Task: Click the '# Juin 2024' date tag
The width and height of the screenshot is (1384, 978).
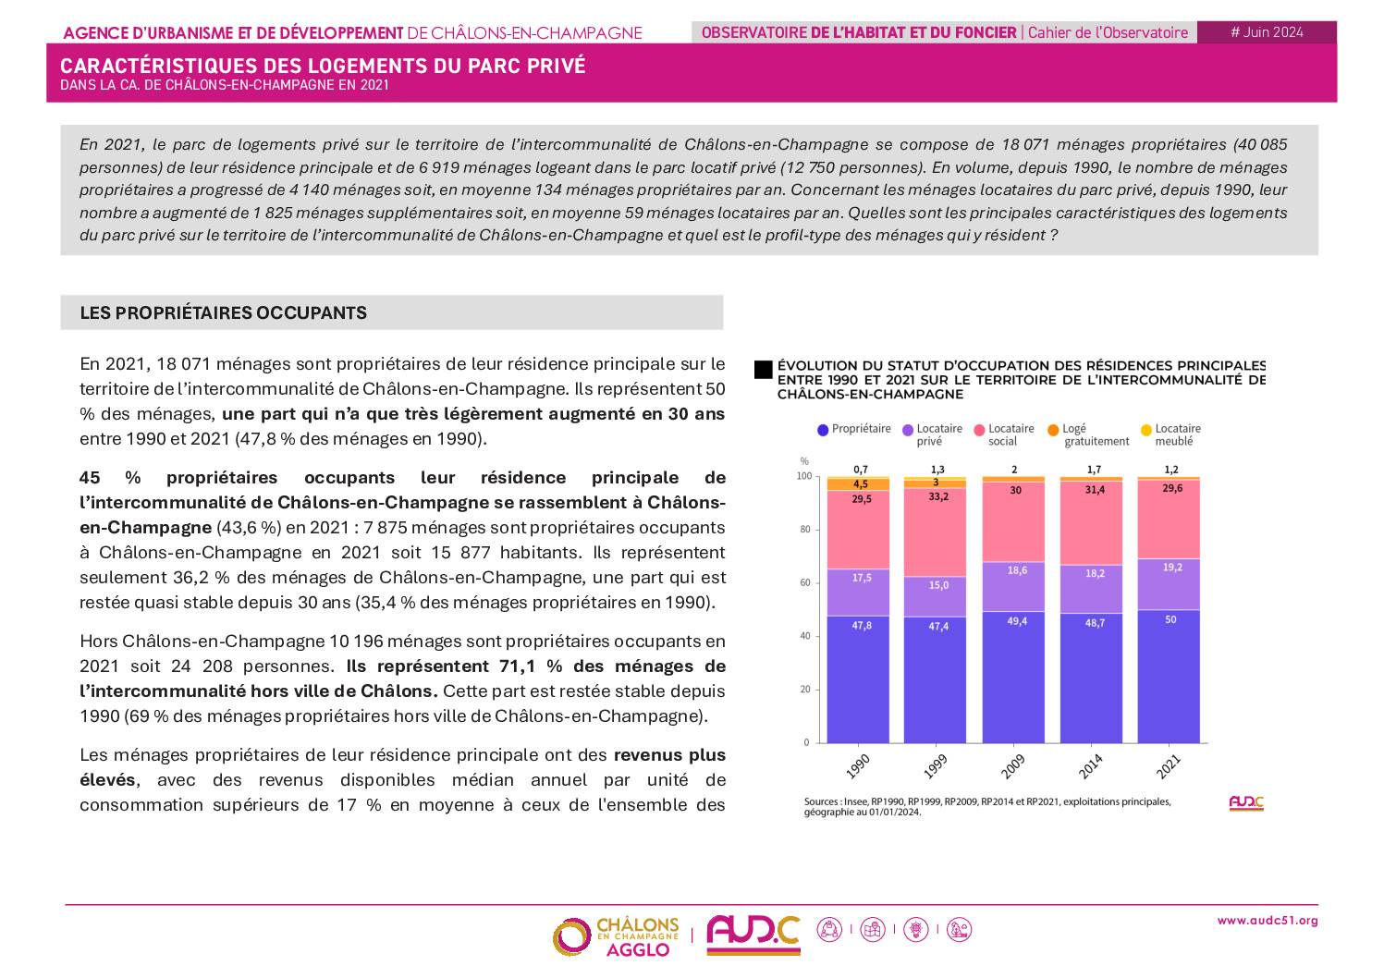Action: [x=1266, y=32]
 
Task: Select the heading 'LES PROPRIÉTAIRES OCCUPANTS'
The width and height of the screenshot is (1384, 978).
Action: [x=224, y=313]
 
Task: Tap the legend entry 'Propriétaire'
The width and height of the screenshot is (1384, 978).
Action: [x=853, y=430]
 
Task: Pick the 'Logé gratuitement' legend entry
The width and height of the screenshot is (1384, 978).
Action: [x=1087, y=434]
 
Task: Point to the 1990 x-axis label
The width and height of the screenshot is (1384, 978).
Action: [x=857, y=766]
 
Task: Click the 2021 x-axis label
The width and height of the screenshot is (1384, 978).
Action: [x=1168, y=766]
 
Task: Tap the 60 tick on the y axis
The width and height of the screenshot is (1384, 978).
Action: [x=804, y=583]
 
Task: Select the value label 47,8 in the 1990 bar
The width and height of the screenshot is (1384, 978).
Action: [x=861, y=626]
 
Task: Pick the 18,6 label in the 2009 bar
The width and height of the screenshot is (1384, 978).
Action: [x=1016, y=571]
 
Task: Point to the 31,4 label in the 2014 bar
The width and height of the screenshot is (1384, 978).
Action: [x=1094, y=490]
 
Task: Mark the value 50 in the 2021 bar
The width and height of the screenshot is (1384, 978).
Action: [x=1170, y=619]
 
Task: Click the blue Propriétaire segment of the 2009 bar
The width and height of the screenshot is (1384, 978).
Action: [x=1014, y=684]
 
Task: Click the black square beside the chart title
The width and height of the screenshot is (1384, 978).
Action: [x=763, y=370]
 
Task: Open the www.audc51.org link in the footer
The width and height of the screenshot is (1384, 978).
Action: [x=1267, y=921]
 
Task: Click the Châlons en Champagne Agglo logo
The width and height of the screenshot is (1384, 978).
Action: [x=616, y=936]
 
